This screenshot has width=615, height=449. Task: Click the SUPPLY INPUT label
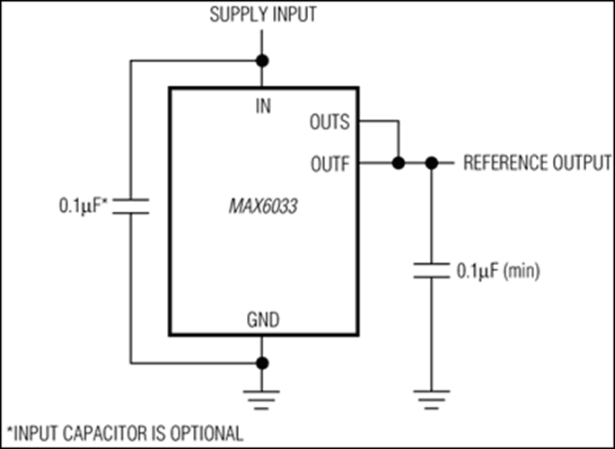262,15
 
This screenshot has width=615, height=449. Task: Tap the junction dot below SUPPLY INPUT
262,61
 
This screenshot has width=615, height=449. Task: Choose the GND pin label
262,319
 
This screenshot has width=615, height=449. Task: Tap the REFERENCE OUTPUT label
532,163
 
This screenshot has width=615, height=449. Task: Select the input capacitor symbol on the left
131,206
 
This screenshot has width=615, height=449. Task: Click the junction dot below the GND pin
262,364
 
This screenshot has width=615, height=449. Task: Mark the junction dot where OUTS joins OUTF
395,163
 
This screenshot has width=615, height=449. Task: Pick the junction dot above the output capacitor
431,163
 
